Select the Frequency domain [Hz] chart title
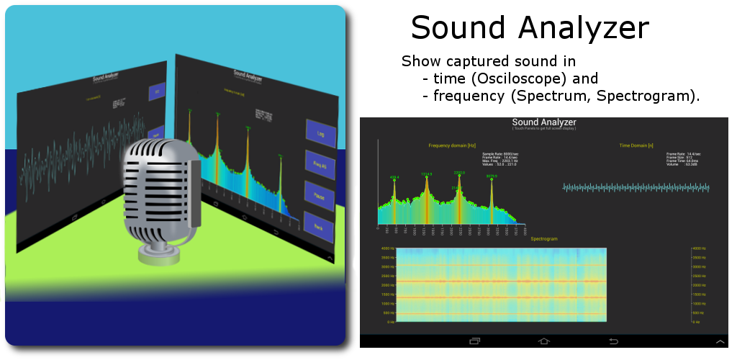(452, 145)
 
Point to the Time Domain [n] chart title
(636, 145)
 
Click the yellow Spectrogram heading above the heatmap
(544, 238)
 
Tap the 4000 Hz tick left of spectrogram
(386, 248)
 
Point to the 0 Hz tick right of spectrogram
(696, 322)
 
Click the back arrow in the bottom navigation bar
(614, 341)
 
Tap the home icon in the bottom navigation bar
(543, 341)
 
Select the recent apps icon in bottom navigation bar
(474, 341)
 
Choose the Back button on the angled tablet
(317, 227)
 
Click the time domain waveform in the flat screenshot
(636, 187)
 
